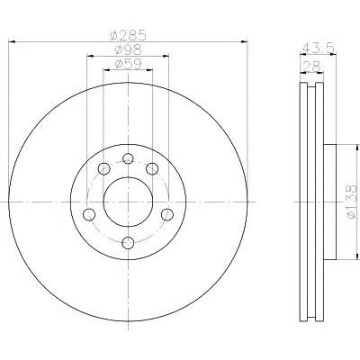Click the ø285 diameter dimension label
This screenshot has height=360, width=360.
click(x=128, y=36)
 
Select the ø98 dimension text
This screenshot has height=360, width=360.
click(x=128, y=50)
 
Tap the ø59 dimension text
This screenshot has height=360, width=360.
click(x=128, y=65)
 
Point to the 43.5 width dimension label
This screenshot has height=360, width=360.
click(x=319, y=48)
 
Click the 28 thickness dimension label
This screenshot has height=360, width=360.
click(x=312, y=66)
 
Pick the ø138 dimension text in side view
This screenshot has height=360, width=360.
click(x=352, y=202)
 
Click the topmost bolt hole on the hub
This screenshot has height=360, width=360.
click(x=128, y=158)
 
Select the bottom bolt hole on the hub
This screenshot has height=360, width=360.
click(x=128, y=243)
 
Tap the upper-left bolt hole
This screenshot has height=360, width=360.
click(x=103, y=168)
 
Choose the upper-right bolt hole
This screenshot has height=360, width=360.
click(x=152, y=168)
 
